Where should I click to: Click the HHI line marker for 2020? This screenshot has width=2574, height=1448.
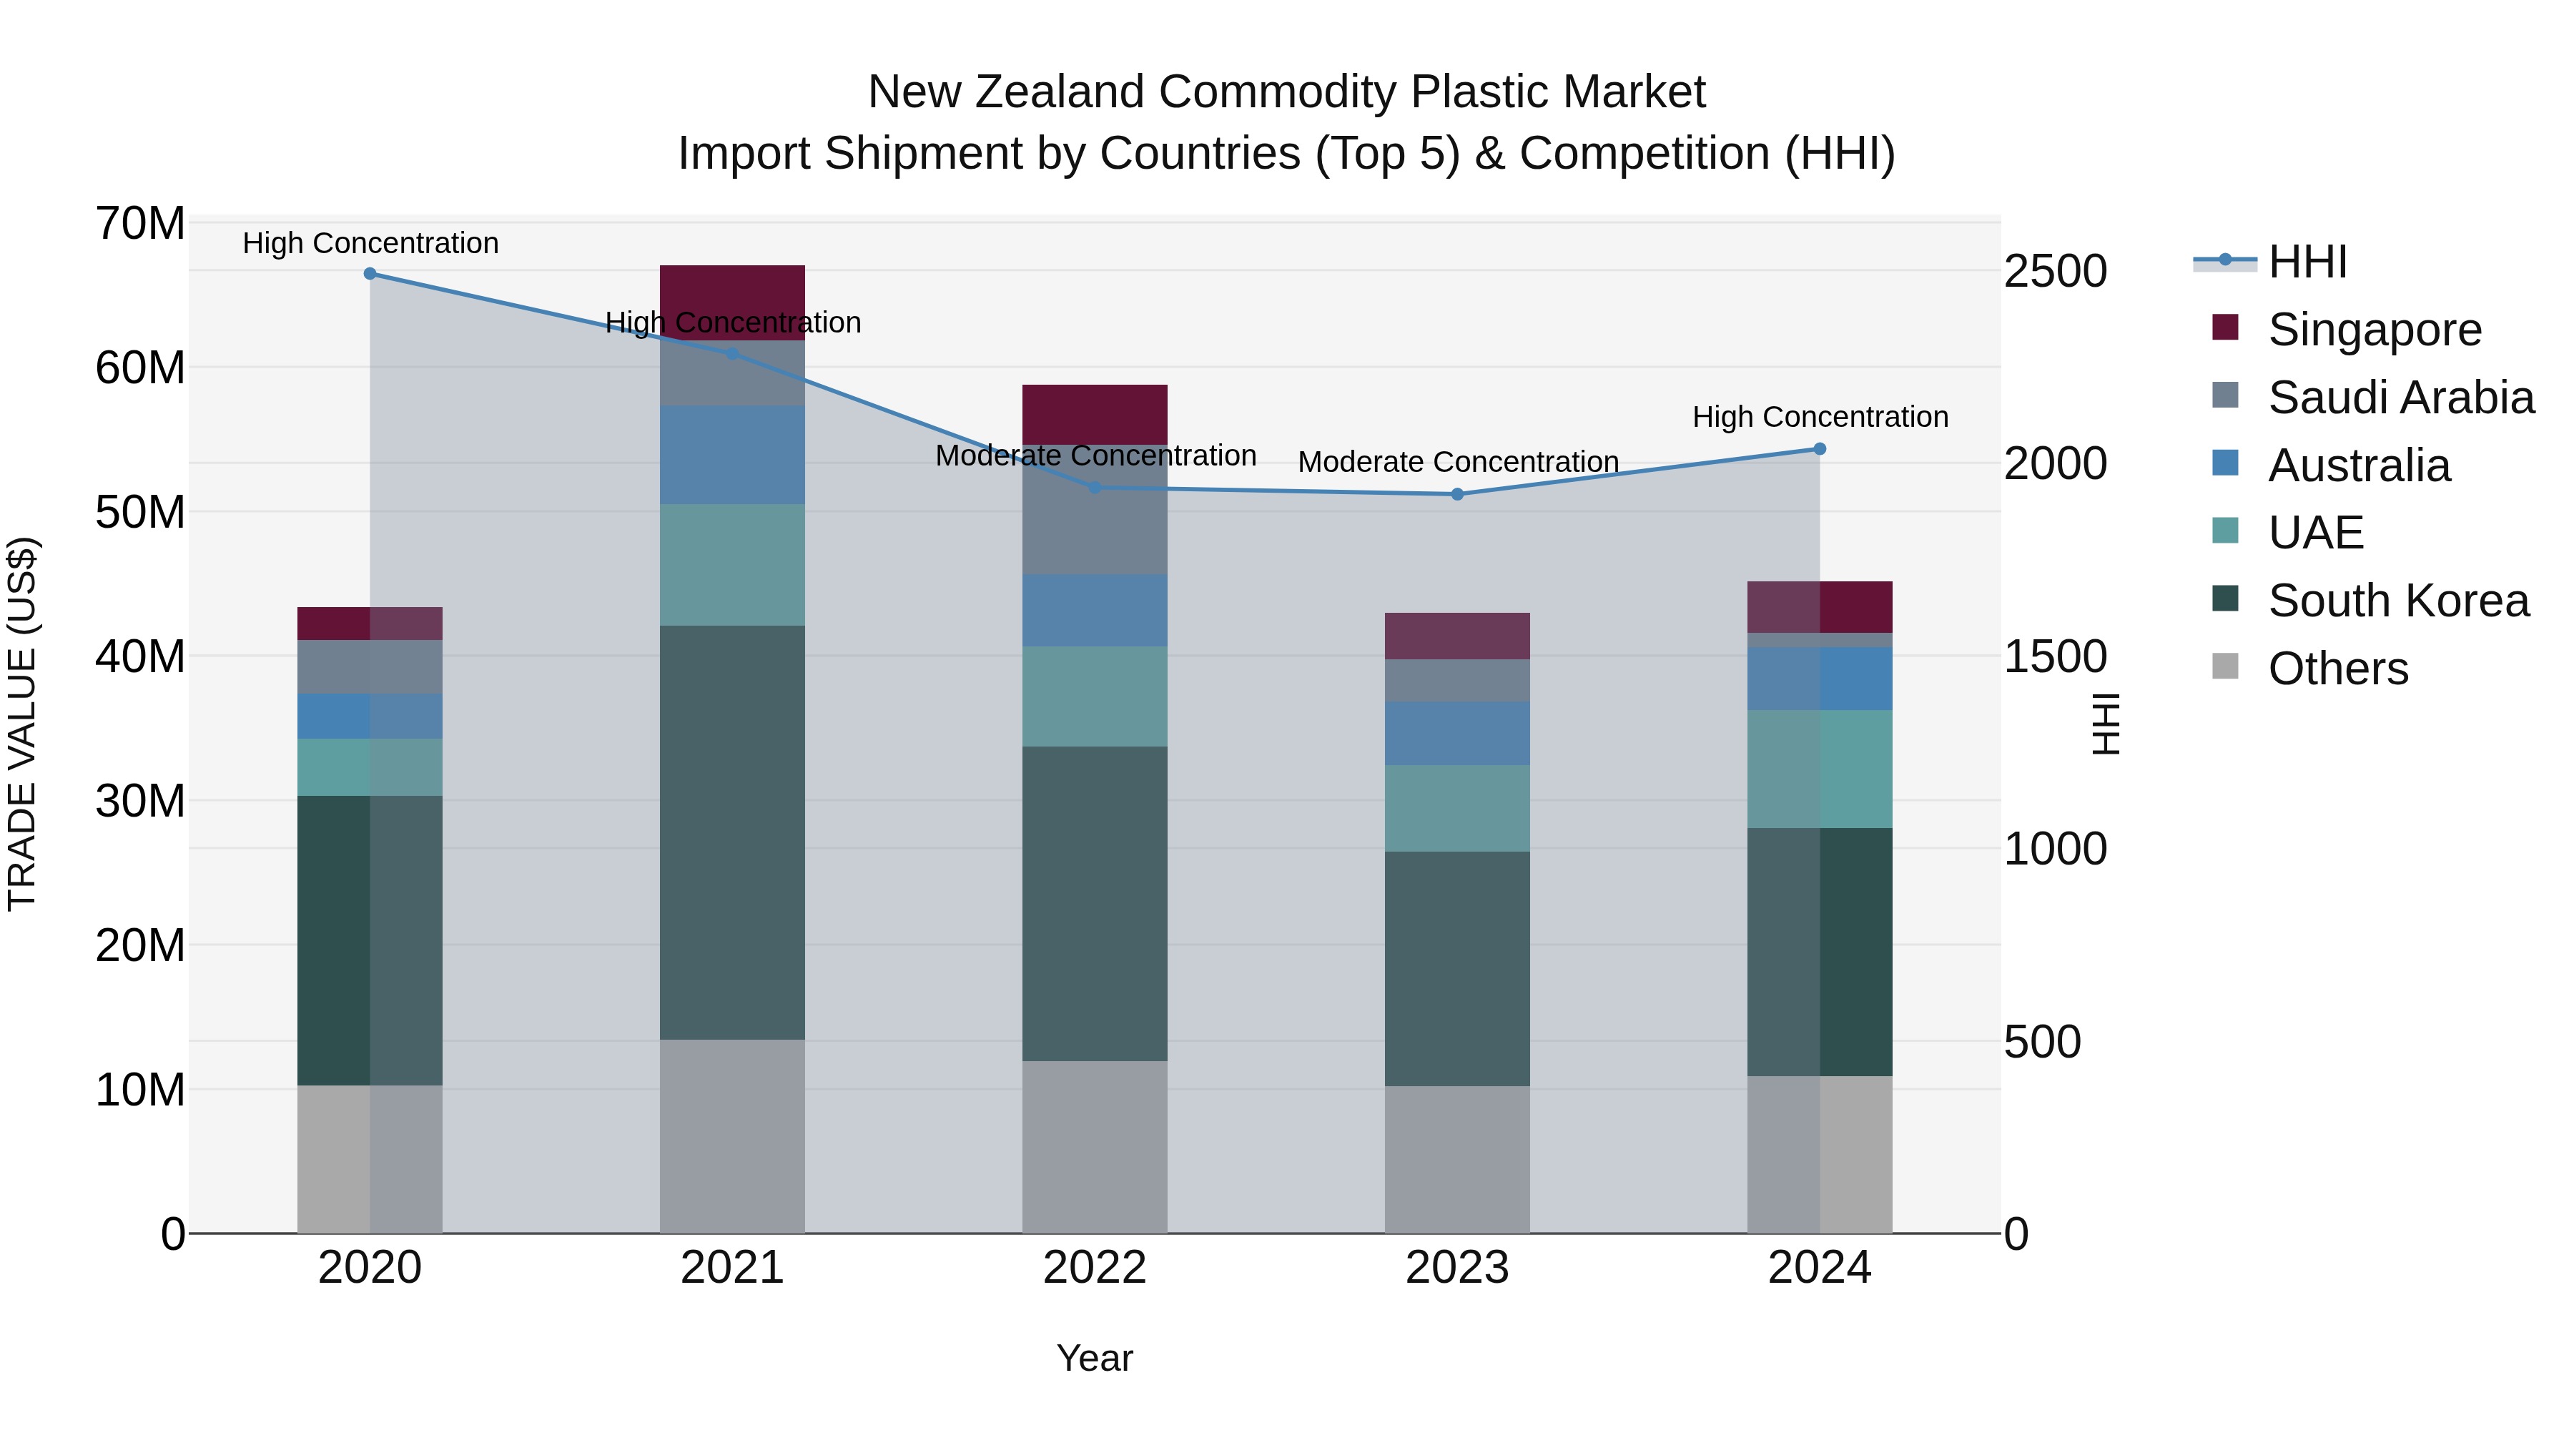pos(370,274)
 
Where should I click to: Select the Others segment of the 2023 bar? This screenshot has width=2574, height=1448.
pos(1457,1159)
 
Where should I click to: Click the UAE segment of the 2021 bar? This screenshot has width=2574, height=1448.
pos(732,565)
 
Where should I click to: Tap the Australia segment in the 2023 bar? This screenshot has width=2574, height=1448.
pos(1457,734)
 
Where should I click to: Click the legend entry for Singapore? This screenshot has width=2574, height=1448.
pos(2374,330)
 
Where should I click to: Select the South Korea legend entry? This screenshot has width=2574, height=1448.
pos(2398,601)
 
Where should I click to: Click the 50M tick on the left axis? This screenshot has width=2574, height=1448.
pos(140,513)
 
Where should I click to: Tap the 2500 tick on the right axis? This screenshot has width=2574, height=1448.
pos(2056,272)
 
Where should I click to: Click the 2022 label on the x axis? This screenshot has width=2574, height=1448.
pos(1094,1268)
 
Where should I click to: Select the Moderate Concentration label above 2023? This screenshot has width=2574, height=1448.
pos(1457,463)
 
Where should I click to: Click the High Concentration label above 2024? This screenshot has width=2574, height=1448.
pos(1820,417)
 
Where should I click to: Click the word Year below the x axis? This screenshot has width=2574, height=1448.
pos(1094,1358)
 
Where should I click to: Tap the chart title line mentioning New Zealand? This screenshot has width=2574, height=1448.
pos(1286,92)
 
